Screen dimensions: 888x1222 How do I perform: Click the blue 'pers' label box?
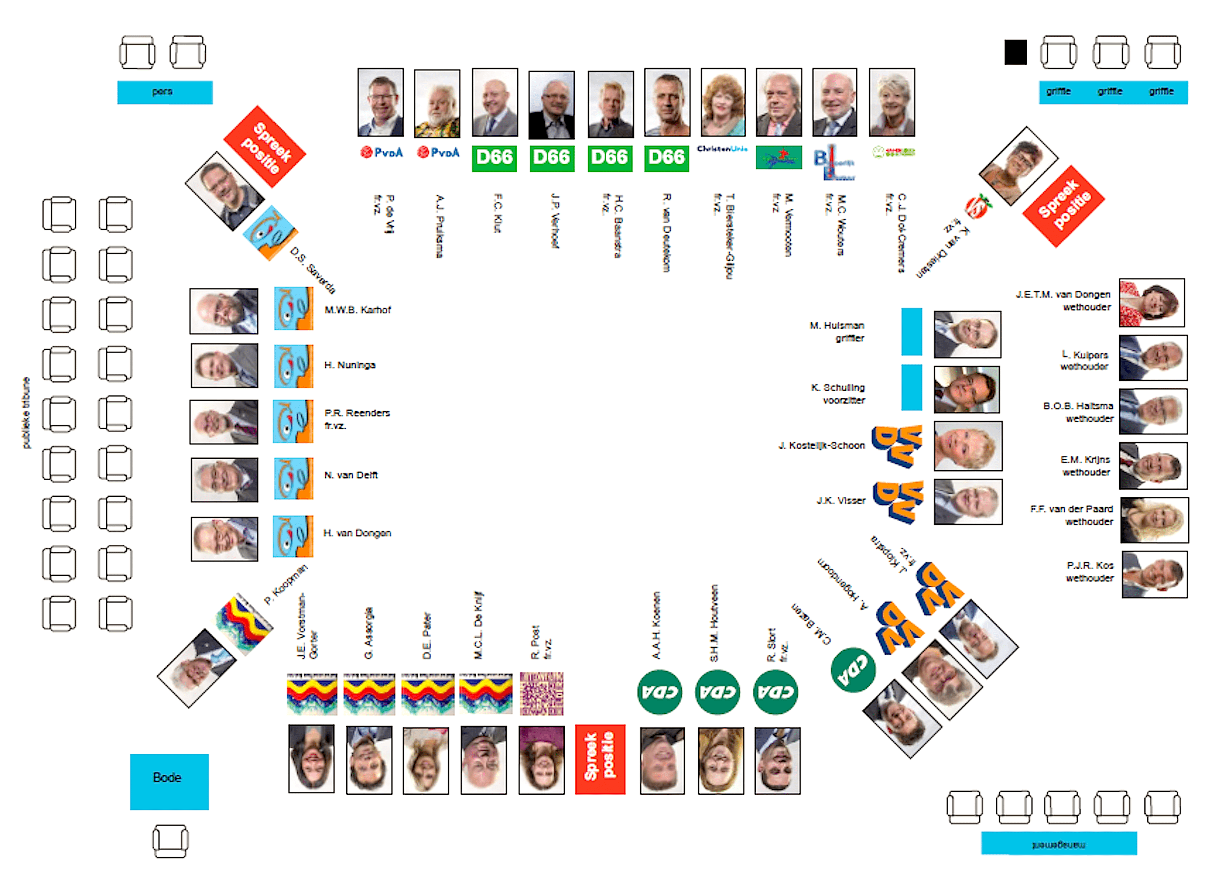click(164, 92)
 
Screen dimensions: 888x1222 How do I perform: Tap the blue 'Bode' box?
click(169, 781)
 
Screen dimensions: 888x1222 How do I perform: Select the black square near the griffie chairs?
click(1015, 52)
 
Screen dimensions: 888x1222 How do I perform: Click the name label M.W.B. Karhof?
click(357, 310)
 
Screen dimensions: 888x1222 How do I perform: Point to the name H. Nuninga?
click(350, 365)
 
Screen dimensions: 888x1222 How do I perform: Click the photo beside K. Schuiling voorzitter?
click(967, 390)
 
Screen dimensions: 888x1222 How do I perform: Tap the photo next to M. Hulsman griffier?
click(967, 335)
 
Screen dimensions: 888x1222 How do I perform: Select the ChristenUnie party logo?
click(722, 149)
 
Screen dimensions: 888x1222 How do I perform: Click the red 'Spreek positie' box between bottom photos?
click(600, 759)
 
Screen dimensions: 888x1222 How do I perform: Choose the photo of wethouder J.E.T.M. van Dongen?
click(1152, 303)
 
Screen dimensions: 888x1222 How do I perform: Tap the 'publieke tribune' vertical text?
click(26, 413)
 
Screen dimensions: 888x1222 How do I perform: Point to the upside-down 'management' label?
click(1058, 843)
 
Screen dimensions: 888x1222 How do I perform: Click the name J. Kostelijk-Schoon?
click(821, 446)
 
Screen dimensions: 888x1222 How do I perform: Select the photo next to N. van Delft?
click(224, 479)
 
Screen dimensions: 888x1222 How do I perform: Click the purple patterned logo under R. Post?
click(541, 693)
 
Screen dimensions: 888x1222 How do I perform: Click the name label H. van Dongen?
click(357, 533)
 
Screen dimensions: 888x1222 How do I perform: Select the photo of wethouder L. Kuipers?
click(1152, 358)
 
